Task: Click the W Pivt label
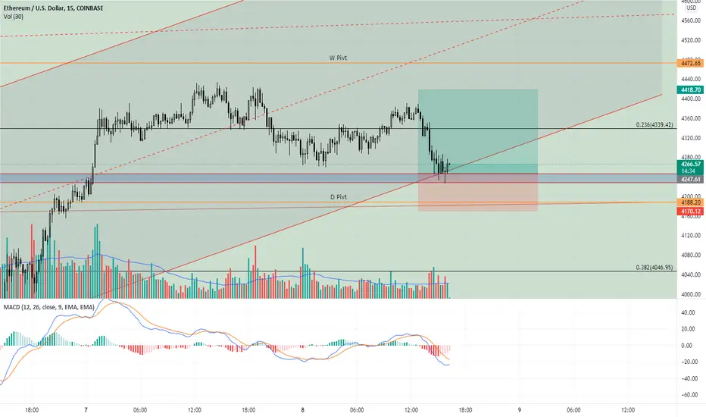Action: [338, 58]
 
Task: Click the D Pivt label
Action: [339, 197]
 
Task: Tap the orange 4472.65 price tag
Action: [691, 64]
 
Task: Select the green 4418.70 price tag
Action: [691, 90]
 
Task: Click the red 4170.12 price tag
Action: [691, 212]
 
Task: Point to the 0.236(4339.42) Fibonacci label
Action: [654, 125]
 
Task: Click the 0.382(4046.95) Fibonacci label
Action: [654, 268]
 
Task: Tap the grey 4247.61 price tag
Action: [691, 180]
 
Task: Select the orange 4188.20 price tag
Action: [691, 203]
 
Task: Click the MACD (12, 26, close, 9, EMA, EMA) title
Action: [49, 307]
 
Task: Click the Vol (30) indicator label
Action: [14, 17]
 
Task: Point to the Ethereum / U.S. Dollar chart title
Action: [34, 8]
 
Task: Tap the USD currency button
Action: [691, 8]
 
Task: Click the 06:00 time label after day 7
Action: [140, 410]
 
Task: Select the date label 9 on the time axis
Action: [519, 410]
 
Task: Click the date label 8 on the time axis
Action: [302, 410]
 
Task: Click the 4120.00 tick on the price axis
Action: [692, 235]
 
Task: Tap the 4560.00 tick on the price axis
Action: [692, 20]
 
